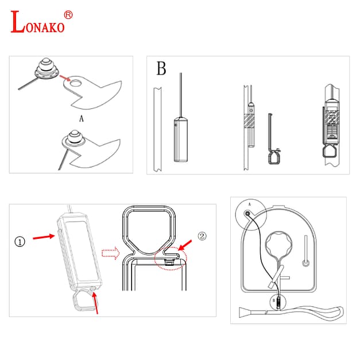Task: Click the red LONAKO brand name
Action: pos(38,22)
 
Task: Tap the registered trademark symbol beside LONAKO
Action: pos(68,15)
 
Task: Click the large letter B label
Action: pos(161,68)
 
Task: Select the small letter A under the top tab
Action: pos(82,119)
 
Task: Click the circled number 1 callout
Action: pos(20,242)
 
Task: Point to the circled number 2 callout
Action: pos(202,236)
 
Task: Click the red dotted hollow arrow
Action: pos(110,253)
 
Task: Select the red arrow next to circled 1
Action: pos(44,237)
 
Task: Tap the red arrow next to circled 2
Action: pos(185,245)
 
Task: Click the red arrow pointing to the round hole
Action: pos(65,78)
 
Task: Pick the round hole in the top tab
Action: pos(76,83)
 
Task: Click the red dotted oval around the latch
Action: pos(171,259)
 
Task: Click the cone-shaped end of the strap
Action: pos(243,313)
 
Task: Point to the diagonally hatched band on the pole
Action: pos(249,121)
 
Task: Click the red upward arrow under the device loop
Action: pos(95,303)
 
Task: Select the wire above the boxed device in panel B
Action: pos(181,95)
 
